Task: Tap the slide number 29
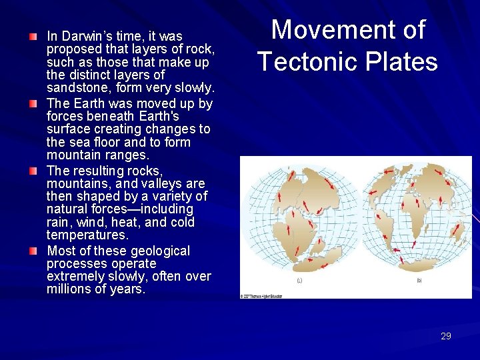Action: pyautogui.click(x=445, y=336)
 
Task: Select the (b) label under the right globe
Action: pyautogui.click(x=419, y=281)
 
